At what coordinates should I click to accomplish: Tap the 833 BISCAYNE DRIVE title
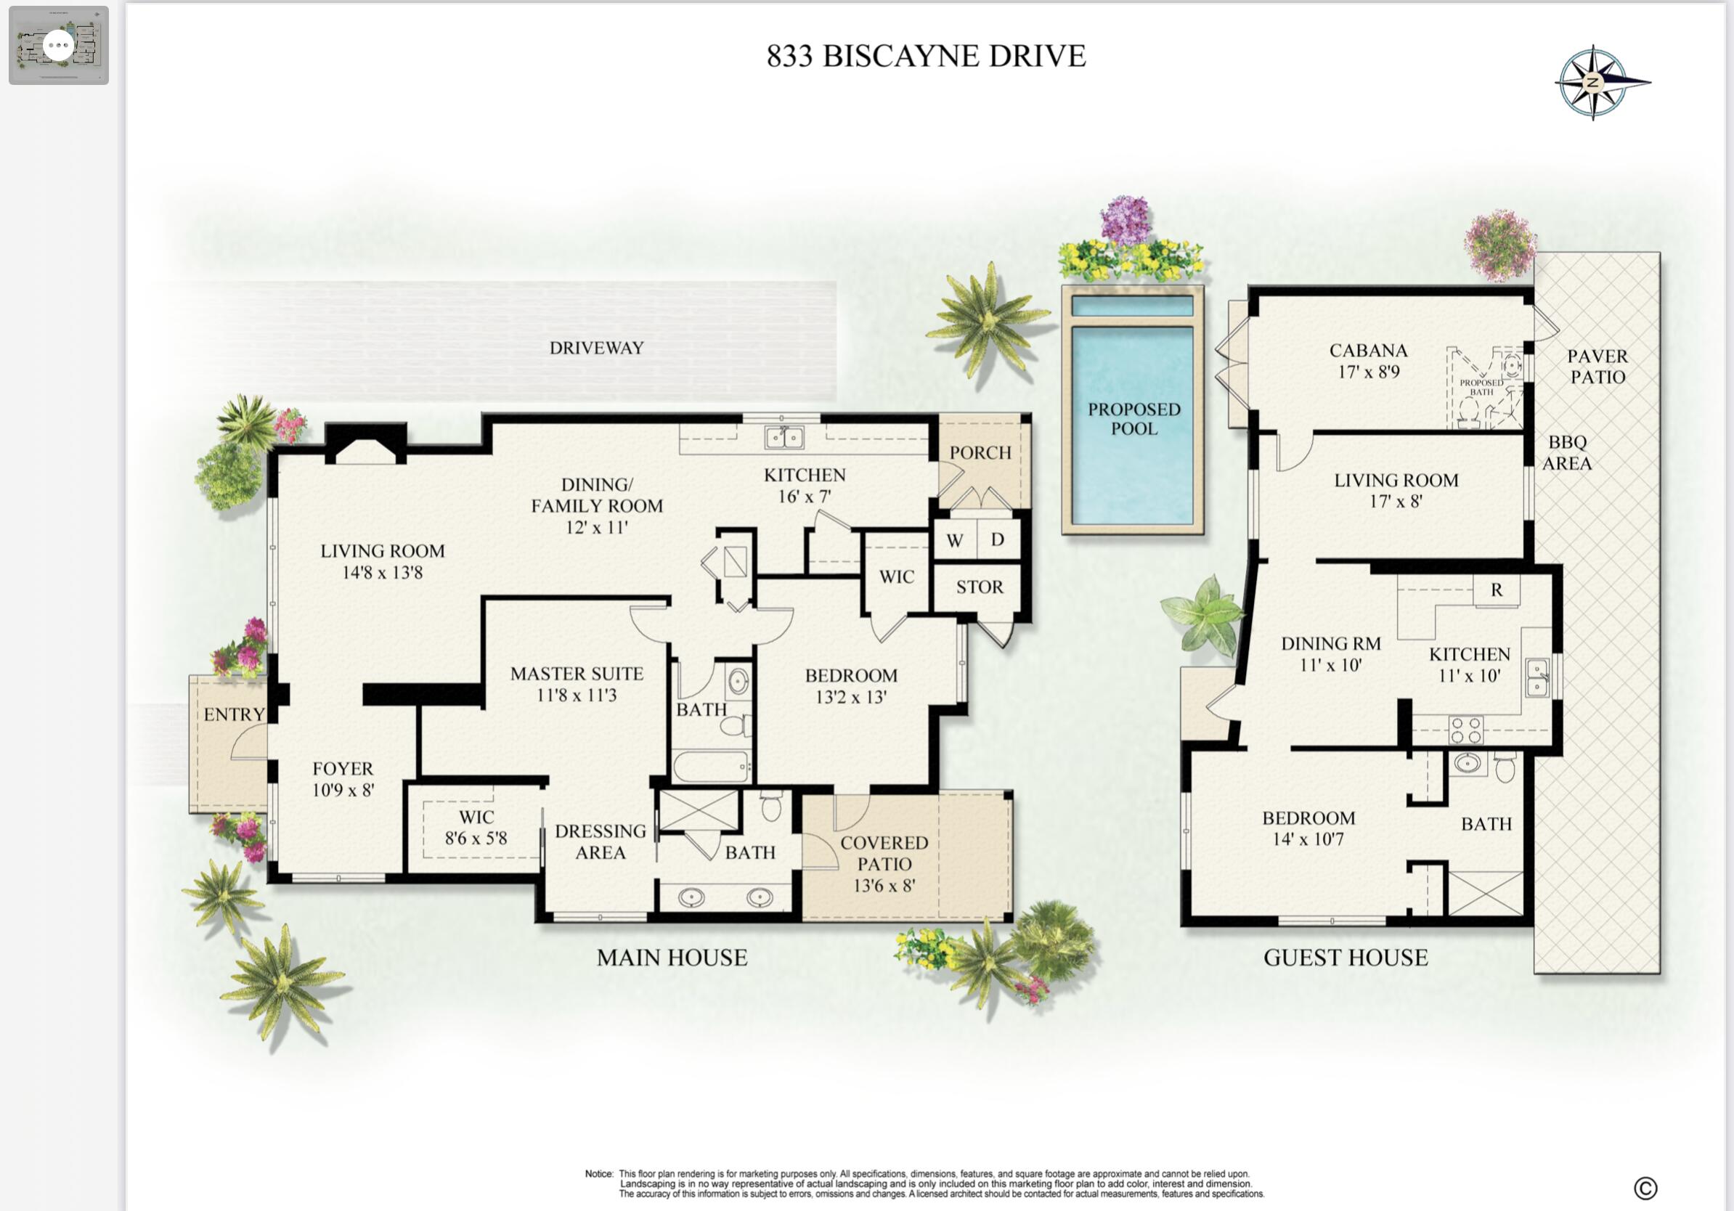tap(926, 56)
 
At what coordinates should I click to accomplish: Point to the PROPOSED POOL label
tap(1133, 418)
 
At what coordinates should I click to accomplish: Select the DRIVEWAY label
tap(597, 348)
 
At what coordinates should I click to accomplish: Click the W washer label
tap(955, 541)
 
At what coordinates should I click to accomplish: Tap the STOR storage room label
tap(980, 587)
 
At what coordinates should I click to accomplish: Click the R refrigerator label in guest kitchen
tap(1497, 590)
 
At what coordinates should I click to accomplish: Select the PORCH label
tap(980, 452)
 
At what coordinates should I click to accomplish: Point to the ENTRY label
tap(234, 714)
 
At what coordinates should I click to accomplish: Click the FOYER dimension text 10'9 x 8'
tap(343, 791)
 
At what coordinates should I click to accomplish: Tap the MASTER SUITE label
tap(577, 674)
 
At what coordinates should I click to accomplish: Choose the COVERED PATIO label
tap(884, 853)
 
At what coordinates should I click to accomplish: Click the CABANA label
tap(1369, 351)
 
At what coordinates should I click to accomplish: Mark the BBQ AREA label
tap(1567, 452)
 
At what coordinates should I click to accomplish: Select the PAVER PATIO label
tap(1597, 366)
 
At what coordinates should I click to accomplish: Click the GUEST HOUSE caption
tap(1346, 958)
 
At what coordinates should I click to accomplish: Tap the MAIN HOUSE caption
tap(672, 958)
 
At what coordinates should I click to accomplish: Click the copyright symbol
tap(1645, 1188)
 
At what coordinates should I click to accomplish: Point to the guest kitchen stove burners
tap(1466, 730)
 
